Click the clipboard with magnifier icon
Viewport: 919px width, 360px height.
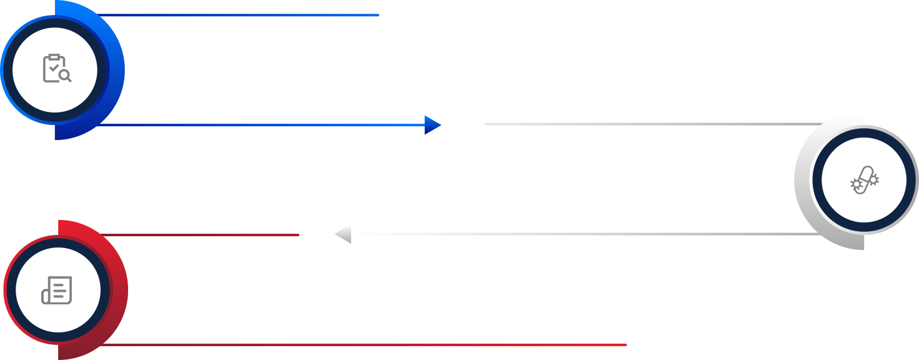tap(56, 69)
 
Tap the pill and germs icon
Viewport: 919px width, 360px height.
tap(864, 181)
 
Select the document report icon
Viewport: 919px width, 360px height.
tap(57, 290)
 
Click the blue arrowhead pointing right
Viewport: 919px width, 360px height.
tap(433, 125)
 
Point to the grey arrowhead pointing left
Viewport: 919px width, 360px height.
tap(342, 234)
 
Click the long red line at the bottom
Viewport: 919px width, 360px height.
tap(375, 344)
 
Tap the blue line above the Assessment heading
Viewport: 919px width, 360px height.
tap(250, 15)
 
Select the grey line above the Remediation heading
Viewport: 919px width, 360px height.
tap(650, 124)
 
